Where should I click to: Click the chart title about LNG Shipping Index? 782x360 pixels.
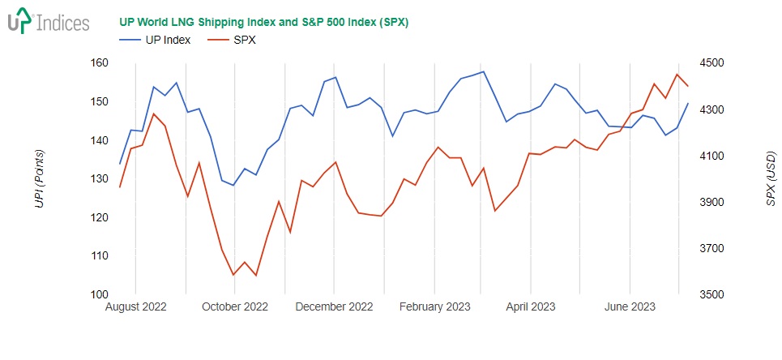263,22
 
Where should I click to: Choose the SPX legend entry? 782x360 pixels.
233,40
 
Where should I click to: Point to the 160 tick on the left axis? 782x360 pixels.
98,63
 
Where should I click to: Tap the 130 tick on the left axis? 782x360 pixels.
98,179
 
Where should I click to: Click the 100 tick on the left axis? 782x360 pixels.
98,294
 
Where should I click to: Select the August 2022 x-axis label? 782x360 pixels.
136,307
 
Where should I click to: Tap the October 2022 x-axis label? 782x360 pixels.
235,307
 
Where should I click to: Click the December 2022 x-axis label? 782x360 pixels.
334,307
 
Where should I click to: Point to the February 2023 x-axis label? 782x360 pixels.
435,307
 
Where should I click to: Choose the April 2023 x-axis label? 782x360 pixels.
531,307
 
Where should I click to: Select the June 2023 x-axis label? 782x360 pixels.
630,307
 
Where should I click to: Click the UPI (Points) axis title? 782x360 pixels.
39,179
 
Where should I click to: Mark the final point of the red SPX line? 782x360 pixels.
688,86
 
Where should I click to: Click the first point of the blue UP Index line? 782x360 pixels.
120,164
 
